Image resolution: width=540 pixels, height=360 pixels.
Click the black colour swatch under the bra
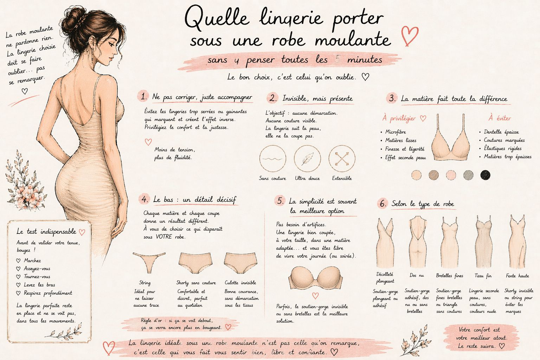click(485, 174)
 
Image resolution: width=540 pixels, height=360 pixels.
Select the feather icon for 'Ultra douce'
click(307, 159)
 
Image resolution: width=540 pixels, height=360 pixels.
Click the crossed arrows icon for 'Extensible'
click(342, 159)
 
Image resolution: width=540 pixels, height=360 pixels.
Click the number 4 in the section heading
click(144, 199)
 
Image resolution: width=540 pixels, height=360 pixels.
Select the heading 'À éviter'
click(500, 118)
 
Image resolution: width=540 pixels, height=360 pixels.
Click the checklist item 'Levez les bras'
click(39, 285)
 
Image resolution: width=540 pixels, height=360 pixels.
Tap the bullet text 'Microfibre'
click(396, 132)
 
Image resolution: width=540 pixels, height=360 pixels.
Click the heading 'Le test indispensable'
click(46, 231)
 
